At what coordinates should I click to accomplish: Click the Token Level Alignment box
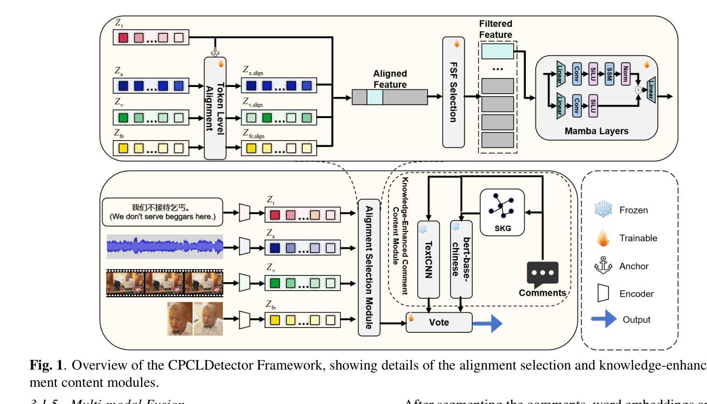click(x=215, y=108)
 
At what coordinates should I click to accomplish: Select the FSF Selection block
click(x=453, y=92)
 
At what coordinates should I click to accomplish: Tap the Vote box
click(x=439, y=322)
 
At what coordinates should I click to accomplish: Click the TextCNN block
click(x=429, y=259)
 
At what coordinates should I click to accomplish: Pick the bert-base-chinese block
click(x=461, y=259)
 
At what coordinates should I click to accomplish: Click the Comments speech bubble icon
click(x=542, y=274)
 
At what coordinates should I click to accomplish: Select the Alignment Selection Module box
click(x=369, y=267)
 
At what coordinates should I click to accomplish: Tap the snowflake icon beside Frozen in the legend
click(x=603, y=210)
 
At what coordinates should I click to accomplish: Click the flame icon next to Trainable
click(x=603, y=238)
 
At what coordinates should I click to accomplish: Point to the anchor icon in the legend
click(x=603, y=265)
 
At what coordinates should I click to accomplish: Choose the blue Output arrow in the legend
click(x=604, y=319)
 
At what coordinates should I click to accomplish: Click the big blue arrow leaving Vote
click(x=487, y=323)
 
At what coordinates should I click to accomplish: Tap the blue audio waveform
click(x=165, y=246)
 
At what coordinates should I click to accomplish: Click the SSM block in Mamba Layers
click(x=609, y=74)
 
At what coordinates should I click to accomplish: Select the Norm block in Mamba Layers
click(x=625, y=74)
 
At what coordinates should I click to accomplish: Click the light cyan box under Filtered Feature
click(x=497, y=51)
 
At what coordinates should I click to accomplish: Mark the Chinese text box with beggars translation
click(x=163, y=212)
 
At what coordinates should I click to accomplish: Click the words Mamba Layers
click(x=596, y=131)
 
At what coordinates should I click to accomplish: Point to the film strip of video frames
click(x=165, y=283)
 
